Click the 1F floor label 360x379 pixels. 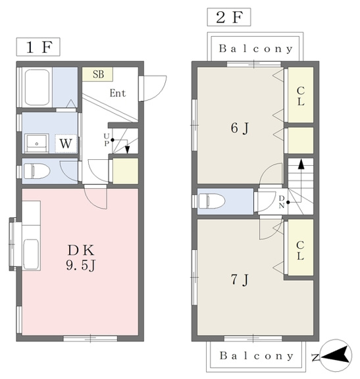click(x=38, y=47)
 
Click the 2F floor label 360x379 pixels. click(x=229, y=17)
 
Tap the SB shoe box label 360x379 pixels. click(x=98, y=74)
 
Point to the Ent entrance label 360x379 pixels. click(x=118, y=93)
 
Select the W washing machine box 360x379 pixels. click(x=66, y=143)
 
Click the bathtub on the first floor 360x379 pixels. click(x=37, y=88)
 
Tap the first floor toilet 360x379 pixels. click(x=36, y=171)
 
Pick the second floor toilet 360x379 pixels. click(x=212, y=201)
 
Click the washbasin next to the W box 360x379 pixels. click(x=37, y=143)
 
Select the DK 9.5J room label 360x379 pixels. click(x=81, y=258)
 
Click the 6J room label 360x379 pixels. click(x=240, y=128)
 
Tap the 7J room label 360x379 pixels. click(x=240, y=280)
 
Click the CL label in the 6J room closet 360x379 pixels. click(x=301, y=96)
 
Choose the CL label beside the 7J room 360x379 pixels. click(x=300, y=251)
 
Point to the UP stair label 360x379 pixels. click(x=107, y=139)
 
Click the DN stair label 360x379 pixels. click(x=282, y=201)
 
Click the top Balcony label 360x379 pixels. click(x=256, y=49)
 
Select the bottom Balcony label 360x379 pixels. click(x=257, y=356)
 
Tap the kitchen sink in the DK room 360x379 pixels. click(x=31, y=253)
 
